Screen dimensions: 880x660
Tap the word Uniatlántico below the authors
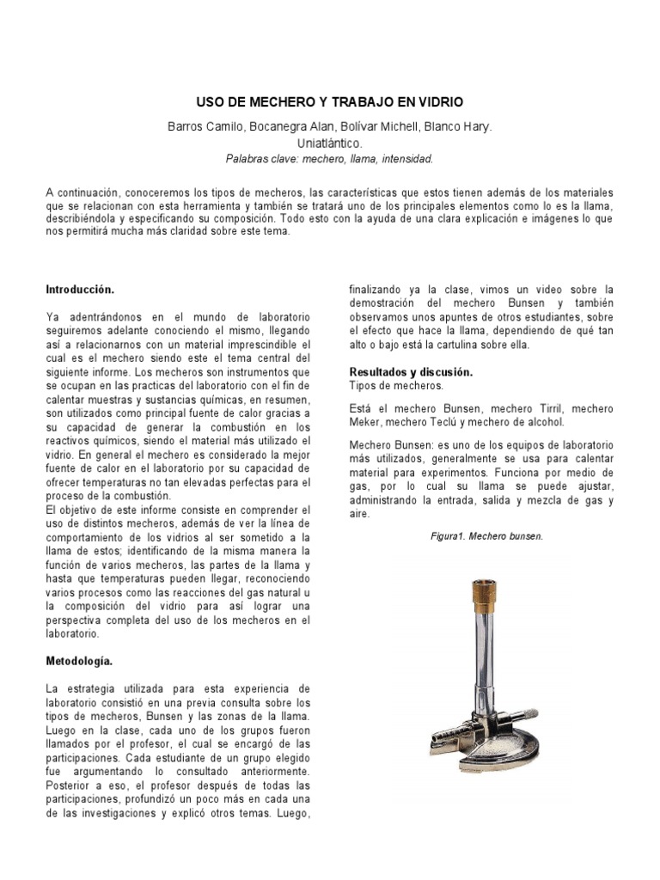point(330,143)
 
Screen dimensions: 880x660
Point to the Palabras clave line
point(330,159)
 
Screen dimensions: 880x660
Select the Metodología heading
point(79,662)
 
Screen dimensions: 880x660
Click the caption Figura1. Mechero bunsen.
point(487,536)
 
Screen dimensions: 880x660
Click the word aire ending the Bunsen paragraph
point(359,513)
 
